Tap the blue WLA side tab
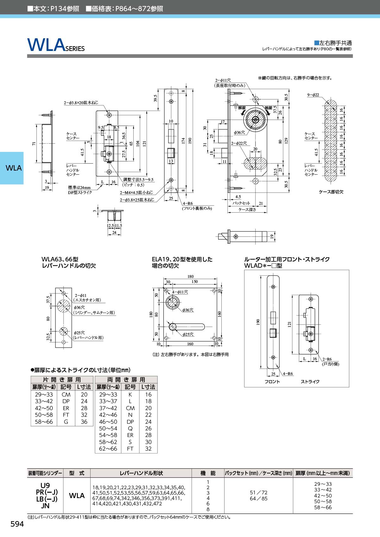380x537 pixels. pyautogui.click(x=12, y=168)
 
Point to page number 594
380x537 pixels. pyautogui.click(x=17, y=524)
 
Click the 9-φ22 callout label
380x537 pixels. pyautogui.click(x=313, y=95)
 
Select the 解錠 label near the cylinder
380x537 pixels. pyautogui.click(x=242, y=108)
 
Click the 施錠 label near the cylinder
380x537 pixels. pyautogui.click(x=269, y=108)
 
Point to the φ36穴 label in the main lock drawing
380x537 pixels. pyautogui.click(x=239, y=132)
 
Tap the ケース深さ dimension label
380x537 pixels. pyautogui.click(x=247, y=209)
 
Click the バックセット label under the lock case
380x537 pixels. pyautogui.click(x=241, y=203)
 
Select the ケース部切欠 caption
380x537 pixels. pyautogui.click(x=331, y=192)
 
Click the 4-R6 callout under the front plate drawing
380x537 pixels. pyautogui.click(x=187, y=203)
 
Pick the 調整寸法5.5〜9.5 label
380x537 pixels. pyautogui.click(x=138, y=180)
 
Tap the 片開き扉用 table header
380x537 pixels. pyautogui.click(x=62, y=380)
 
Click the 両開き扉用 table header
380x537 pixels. pyautogui.click(x=126, y=380)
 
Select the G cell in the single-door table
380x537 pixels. pyautogui.click(x=66, y=422)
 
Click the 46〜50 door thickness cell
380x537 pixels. pyautogui.click(x=108, y=422)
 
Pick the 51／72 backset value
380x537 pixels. pyautogui.click(x=258, y=493)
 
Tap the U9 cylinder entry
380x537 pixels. pyautogui.click(x=45, y=485)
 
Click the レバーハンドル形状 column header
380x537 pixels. pyautogui.click(x=141, y=473)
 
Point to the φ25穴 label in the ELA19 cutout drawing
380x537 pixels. pyautogui.click(x=188, y=334)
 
